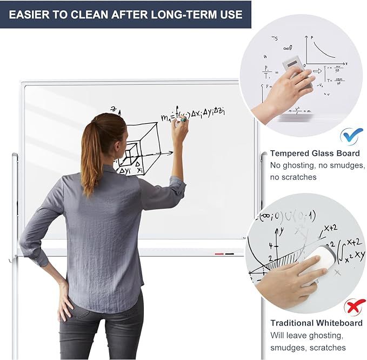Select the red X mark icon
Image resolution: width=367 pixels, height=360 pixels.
click(x=354, y=308)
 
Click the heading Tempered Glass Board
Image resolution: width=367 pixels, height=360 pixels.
click(x=315, y=154)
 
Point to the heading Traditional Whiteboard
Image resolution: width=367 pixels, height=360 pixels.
click(x=316, y=323)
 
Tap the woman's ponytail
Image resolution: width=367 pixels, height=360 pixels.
click(x=91, y=157)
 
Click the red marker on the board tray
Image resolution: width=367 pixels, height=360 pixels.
click(x=219, y=253)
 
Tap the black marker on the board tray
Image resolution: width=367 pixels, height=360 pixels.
click(x=230, y=253)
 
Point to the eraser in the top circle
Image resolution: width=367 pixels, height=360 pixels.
click(x=299, y=75)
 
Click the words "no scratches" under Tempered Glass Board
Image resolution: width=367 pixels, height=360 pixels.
click(x=293, y=177)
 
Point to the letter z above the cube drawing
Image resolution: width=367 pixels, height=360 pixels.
click(x=114, y=109)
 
